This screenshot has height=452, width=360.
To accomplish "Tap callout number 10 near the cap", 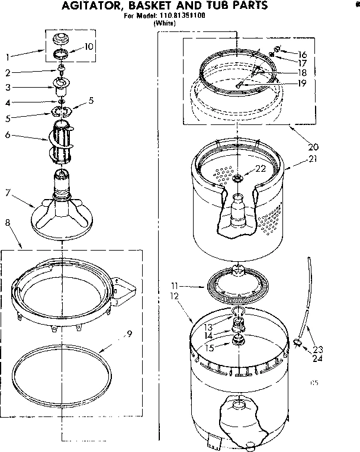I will [x=89, y=46].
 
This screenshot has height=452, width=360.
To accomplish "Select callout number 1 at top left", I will [x=7, y=57].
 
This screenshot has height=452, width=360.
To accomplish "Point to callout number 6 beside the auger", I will [x=7, y=136].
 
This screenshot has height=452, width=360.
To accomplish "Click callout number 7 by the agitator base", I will [x=7, y=191].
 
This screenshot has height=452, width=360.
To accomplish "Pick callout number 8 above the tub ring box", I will [x=7, y=223].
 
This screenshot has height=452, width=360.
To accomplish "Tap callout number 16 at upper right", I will [x=303, y=54].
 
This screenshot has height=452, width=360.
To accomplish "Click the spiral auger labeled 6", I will [x=64, y=142].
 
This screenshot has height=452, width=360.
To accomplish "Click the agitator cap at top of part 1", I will [x=59, y=40].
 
